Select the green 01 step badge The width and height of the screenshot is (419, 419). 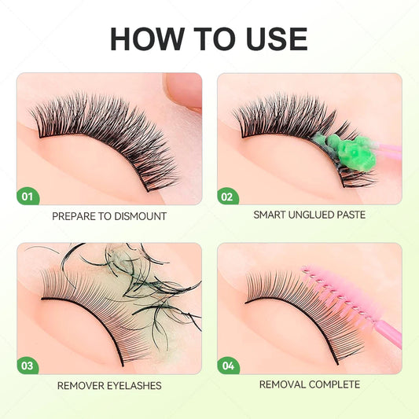pyautogui.click(x=28, y=195)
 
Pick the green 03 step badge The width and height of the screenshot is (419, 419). pyautogui.click(x=28, y=365)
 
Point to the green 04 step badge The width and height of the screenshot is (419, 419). pyautogui.click(x=228, y=365)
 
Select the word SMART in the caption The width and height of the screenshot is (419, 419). pyautogui.click(x=269, y=214)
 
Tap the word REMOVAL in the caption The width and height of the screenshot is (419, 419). pyautogui.click(x=284, y=384)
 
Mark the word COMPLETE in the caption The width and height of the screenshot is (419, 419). pyautogui.click(x=335, y=384)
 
